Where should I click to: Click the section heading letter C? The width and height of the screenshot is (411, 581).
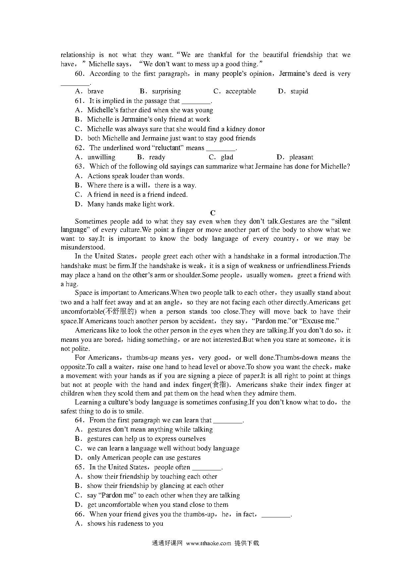[213, 213]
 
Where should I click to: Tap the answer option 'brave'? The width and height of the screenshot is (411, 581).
[95, 91]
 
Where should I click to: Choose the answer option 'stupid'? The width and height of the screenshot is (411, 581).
[299, 91]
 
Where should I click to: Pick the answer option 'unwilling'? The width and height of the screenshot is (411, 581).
[101, 157]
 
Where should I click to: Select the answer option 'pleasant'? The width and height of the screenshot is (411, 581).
[301, 157]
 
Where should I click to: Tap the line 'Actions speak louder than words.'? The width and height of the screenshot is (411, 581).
[136, 176]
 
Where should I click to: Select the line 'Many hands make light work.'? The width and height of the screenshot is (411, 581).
[131, 204]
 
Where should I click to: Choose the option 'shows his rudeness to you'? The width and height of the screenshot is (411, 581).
[125, 524]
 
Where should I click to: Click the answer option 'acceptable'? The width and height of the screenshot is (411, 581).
[241, 91]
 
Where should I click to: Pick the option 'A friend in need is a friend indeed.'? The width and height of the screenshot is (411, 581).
[137, 195]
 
